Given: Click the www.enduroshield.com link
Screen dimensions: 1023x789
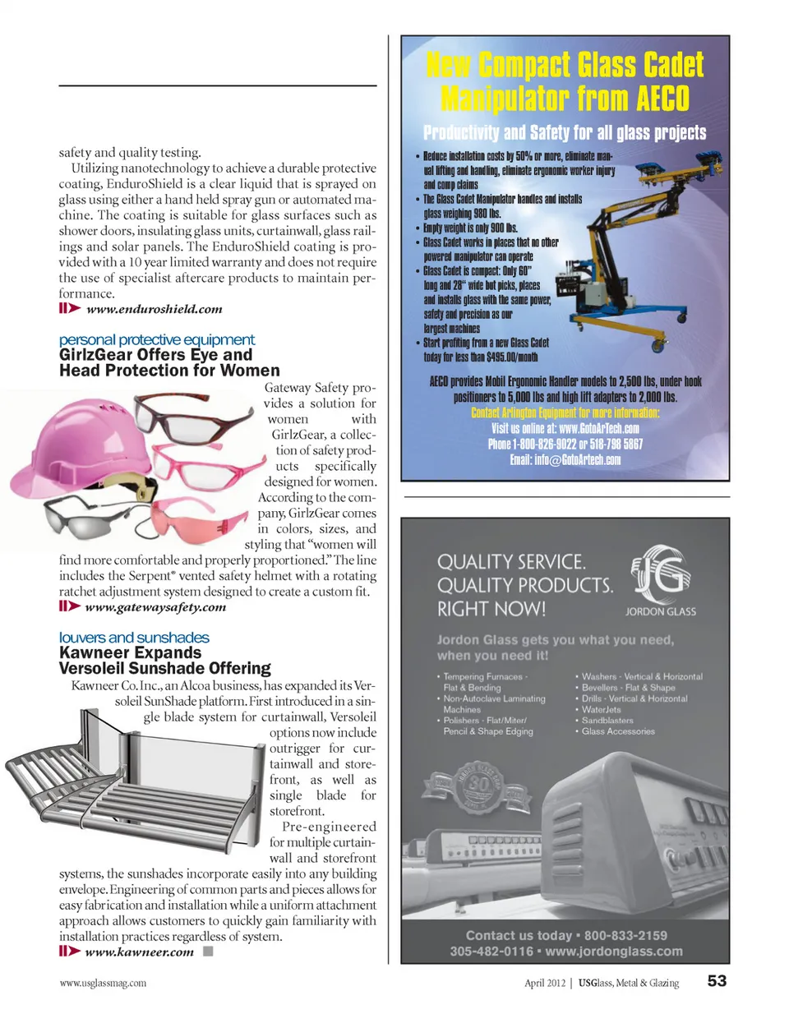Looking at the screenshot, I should (x=154, y=310).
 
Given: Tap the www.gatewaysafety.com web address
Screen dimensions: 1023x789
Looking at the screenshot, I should (x=155, y=607).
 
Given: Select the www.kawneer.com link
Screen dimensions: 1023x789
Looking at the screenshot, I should (x=139, y=952).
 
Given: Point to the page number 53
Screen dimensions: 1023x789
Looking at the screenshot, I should (x=717, y=981).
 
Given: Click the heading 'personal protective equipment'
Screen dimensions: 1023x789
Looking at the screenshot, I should (x=157, y=340).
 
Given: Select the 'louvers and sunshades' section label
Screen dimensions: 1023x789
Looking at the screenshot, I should (x=134, y=638).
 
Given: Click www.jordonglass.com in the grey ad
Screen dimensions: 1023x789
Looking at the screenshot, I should (x=613, y=952).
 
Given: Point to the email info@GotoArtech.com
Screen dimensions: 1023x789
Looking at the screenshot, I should (x=565, y=460).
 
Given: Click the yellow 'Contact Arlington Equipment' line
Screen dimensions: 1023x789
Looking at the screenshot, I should (x=565, y=412).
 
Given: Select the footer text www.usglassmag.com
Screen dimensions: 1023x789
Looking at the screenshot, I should (x=103, y=983).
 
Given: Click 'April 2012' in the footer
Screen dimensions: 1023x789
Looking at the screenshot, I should (x=545, y=983).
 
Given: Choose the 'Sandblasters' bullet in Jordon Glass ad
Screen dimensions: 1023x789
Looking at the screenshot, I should (x=607, y=721).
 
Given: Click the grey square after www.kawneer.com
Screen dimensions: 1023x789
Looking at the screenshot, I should (x=209, y=952).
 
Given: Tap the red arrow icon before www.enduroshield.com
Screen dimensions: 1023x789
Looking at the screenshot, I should (x=70, y=309).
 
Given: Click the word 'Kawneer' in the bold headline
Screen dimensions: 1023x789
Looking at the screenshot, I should (x=95, y=653).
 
